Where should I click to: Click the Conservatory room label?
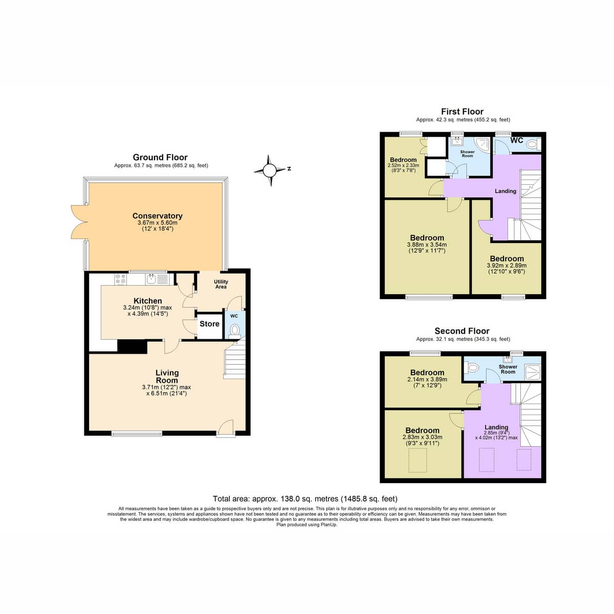(x=158, y=216)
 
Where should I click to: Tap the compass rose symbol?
(x=270, y=170)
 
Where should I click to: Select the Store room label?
(x=209, y=324)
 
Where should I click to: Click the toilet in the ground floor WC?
(x=235, y=330)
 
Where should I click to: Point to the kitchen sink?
(x=151, y=279)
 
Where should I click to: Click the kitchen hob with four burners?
(x=121, y=279)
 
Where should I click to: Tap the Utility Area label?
(x=221, y=284)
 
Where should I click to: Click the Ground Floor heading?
(x=160, y=157)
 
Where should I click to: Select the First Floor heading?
(x=462, y=112)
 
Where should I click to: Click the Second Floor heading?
(x=462, y=331)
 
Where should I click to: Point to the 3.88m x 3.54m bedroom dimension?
(x=427, y=245)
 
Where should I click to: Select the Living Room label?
(x=167, y=376)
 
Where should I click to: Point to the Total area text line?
(x=305, y=498)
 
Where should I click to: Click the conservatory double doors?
(x=78, y=222)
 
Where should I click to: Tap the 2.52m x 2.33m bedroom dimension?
(x=403, y=165)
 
